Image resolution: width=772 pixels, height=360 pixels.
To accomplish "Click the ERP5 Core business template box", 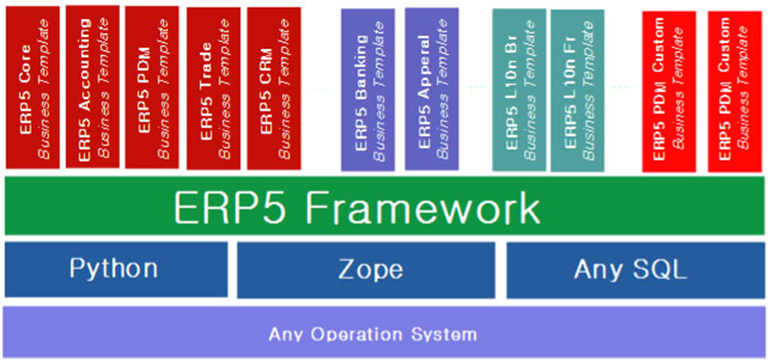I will (32, 88).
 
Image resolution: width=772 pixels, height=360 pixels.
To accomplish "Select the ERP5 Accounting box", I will (93, 88).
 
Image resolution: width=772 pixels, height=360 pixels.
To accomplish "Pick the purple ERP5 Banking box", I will (368, 90).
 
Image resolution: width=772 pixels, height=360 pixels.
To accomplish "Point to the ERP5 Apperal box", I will (432, 90).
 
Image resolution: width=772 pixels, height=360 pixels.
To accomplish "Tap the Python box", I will (114, 269).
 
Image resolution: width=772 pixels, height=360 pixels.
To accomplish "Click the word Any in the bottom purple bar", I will (287, 335).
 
